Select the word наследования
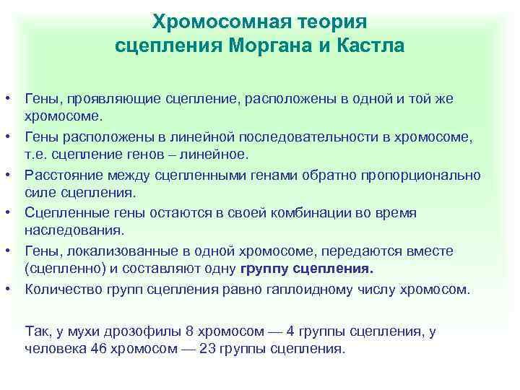click(74, 231)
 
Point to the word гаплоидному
click(339, 289)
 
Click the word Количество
click(62, 289)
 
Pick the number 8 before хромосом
click(190, 331)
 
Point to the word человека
click(56, 347)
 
